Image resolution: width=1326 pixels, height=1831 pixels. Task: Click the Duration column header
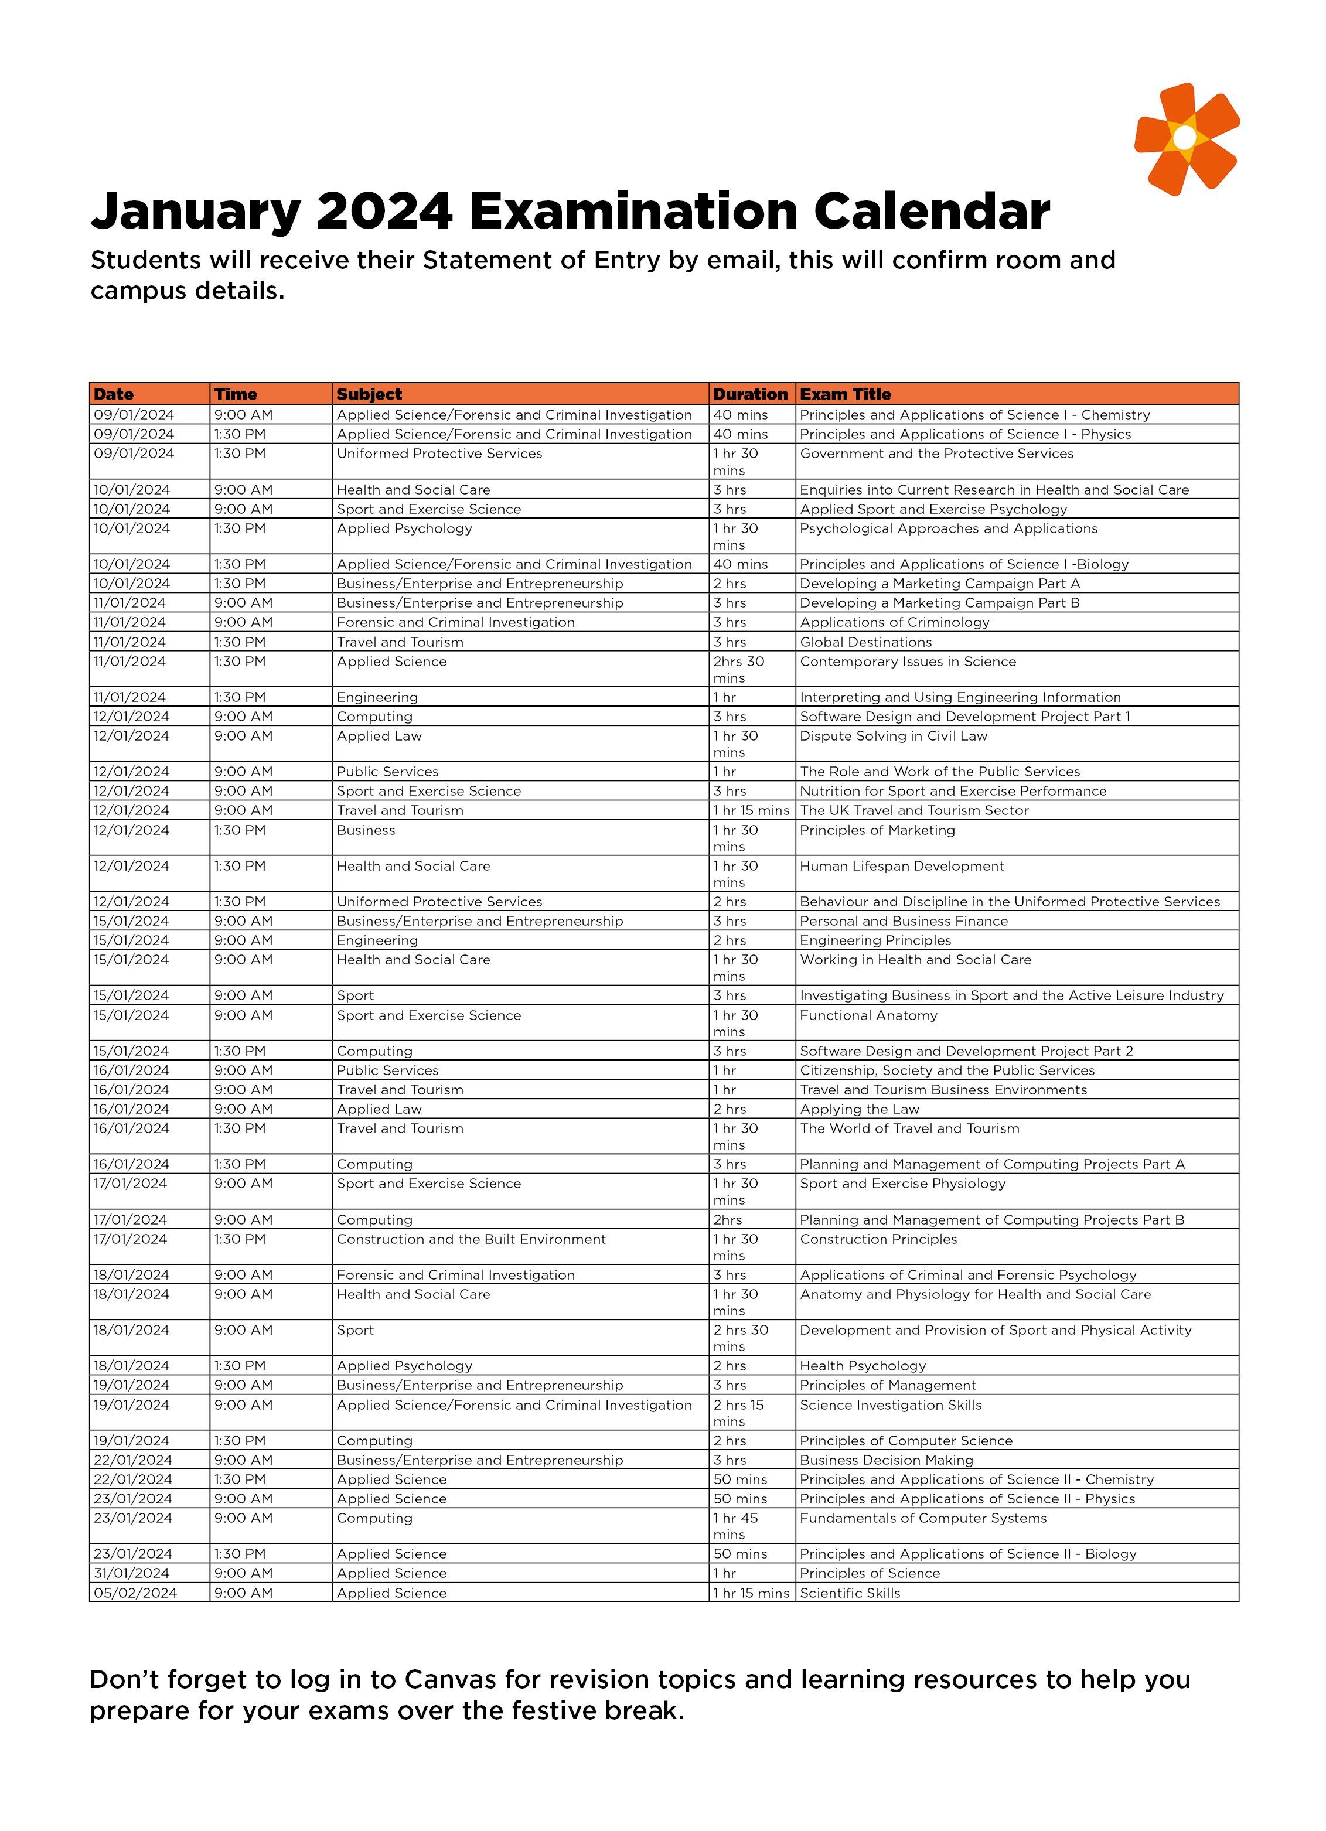click(x=750, y=394)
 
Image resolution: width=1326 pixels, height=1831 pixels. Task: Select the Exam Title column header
click(x=845, y=394)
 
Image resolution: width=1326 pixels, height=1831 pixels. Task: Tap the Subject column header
click(x=369, y=394)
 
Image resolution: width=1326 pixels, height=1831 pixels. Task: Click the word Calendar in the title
click(x=931, y=212)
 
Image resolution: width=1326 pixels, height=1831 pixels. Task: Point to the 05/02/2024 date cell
click(x=135, y=1593)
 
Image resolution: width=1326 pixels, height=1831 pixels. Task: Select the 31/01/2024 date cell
click(x=132, y=1573)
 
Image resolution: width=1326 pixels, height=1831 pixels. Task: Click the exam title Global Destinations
click(x=865, y=642)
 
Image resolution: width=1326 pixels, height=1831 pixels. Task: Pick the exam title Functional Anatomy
click(x=868, y=1015)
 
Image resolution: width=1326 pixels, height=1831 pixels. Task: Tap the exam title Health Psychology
click(x=863, y=1365)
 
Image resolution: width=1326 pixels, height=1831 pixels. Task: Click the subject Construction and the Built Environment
click(x=471, y=1239)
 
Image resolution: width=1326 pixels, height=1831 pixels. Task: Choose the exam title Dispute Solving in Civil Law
click(x=893, y=735)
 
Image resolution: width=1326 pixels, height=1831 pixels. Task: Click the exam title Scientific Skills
click(x=850, y=1593)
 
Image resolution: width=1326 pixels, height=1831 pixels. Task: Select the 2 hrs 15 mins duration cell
click(x=738, y=1412)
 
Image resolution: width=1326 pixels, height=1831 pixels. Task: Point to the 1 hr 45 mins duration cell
click(x=736, y=1525)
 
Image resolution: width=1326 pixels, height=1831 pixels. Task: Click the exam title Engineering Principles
click(x=875, y=940)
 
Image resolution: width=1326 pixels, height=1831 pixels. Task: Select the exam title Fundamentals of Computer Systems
click(x=923, y=1518)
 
